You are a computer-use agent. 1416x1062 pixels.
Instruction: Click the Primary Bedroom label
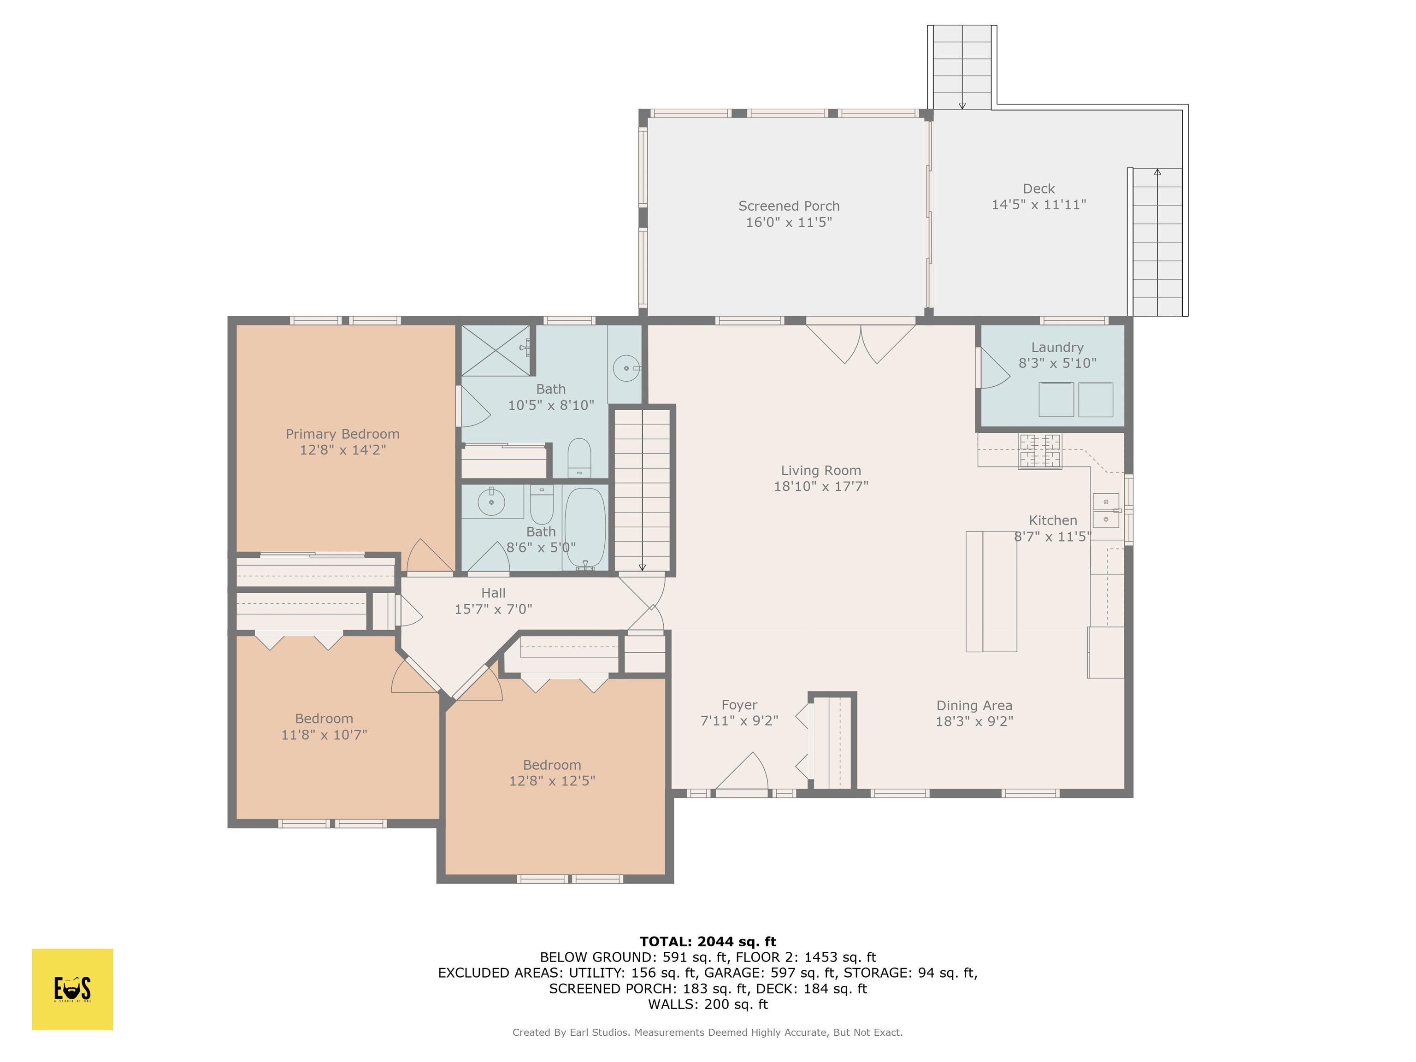click(x=342, y=434)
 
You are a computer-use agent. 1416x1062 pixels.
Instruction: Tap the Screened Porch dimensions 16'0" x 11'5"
click(x=789, y=222)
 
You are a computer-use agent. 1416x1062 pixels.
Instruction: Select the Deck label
click(x=1038, y=189)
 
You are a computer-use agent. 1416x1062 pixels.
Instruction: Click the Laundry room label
click(x=1057, y=348)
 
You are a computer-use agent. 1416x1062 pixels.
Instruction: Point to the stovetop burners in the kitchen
click(x=1039, y=451)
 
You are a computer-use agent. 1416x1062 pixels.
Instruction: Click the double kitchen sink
click(x=1105, y=510)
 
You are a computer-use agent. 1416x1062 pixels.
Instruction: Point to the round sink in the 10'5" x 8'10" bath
click(x=625, y=368)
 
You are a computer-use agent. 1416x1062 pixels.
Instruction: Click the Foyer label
click(x=739, y=705)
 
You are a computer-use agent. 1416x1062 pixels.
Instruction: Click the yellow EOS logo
click(x=72, y=989)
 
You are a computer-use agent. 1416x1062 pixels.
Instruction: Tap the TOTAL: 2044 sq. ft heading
click(x=708, y=942)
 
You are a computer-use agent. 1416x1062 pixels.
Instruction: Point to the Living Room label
click(x=820, y=471)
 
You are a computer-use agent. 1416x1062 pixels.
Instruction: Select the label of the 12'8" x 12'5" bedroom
click(x=552, y=765)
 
